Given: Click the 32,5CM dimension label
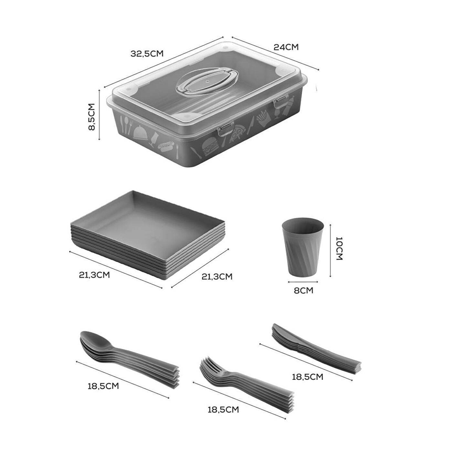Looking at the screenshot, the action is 147,54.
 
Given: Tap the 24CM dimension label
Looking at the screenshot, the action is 286,47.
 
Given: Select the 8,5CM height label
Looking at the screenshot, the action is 92,117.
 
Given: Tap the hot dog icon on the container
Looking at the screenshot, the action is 166,146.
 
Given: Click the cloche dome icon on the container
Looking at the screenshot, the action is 141,132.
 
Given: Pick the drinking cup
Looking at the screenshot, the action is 303,247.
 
